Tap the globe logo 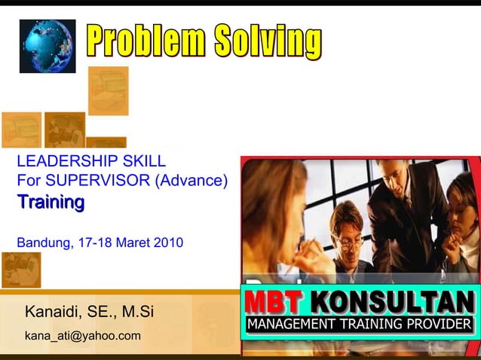(x=47, y=45)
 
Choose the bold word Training (x=51, y=202)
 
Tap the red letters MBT (x=273, y=303)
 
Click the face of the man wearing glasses (x=347, y=233)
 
